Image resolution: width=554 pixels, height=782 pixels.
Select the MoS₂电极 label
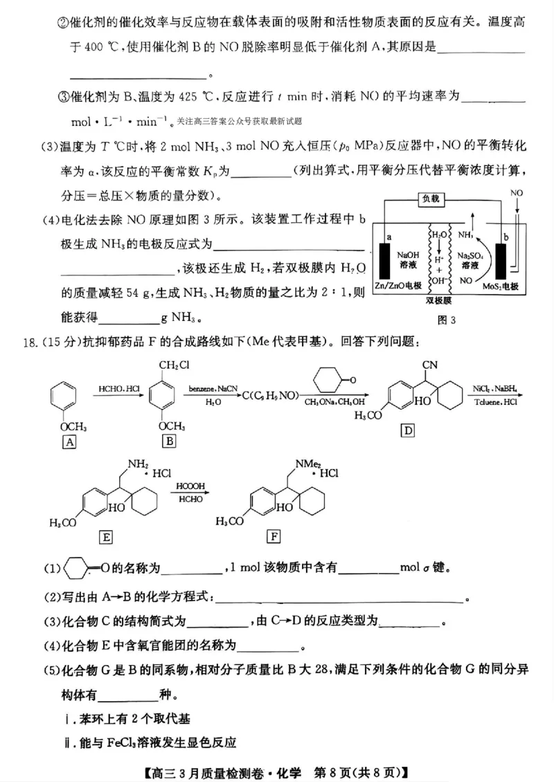click(x=501, y=285)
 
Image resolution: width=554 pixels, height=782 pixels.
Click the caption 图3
click(x=447, y=320)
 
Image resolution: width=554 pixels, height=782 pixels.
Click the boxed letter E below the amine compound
click(x=107, y=537)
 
